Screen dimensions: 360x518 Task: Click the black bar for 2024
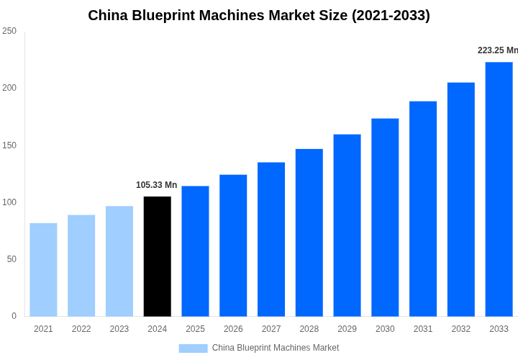click(x=158, y=256)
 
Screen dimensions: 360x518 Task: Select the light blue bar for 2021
click(x=43, y=269)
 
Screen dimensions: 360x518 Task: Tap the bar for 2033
click(x=499, y=189)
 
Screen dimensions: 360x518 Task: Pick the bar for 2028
click(x=309, y=233)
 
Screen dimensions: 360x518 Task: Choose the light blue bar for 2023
click(x=119, y=261)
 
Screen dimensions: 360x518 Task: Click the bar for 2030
click(x=385, y=217)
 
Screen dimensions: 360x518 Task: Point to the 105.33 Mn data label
click(x=156, y=185)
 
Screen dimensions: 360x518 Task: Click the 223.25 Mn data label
click(x=497, y=50)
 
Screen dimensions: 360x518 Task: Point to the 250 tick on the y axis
click(x=9, y=31)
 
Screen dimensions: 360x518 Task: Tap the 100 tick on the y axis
click(x=9, y=202)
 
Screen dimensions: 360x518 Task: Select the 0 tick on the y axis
click(x=14, y=316)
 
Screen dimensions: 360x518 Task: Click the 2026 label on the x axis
click(x=233, y=329)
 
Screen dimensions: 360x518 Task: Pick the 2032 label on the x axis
click(x=461, y=329)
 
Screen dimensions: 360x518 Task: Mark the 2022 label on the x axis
click(x=81, y=329)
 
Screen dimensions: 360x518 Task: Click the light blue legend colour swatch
click(x=193, y=348)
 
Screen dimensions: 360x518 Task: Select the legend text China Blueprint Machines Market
click(x=276, y=348)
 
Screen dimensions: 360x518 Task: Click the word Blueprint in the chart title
click(x=165, y=15)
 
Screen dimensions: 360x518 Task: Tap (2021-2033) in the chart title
click(x=391, y=15)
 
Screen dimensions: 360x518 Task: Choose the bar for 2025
click(x=195, y=251)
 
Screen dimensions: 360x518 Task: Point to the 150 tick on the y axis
click(x=9, y=145)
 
